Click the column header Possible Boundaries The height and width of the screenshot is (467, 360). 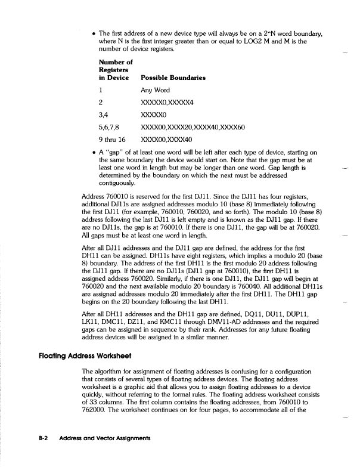[173, 78]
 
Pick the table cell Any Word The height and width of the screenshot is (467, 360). [155, 90]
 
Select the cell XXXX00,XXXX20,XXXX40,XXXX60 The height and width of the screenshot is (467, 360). [193, 127]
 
